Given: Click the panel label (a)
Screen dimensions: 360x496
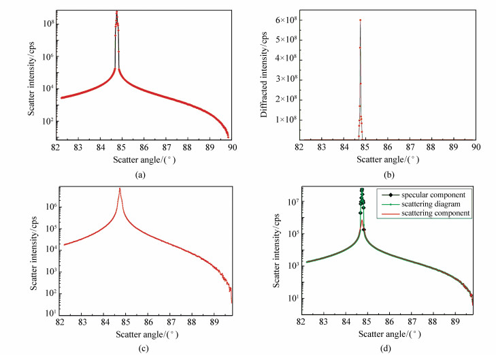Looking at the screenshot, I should (140, 174).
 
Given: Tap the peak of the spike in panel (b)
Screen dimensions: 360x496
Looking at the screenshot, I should (360, 20).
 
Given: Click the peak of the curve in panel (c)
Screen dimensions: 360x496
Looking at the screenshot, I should (120, 189).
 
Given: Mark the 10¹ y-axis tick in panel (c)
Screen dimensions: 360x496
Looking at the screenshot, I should (50, 312).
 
